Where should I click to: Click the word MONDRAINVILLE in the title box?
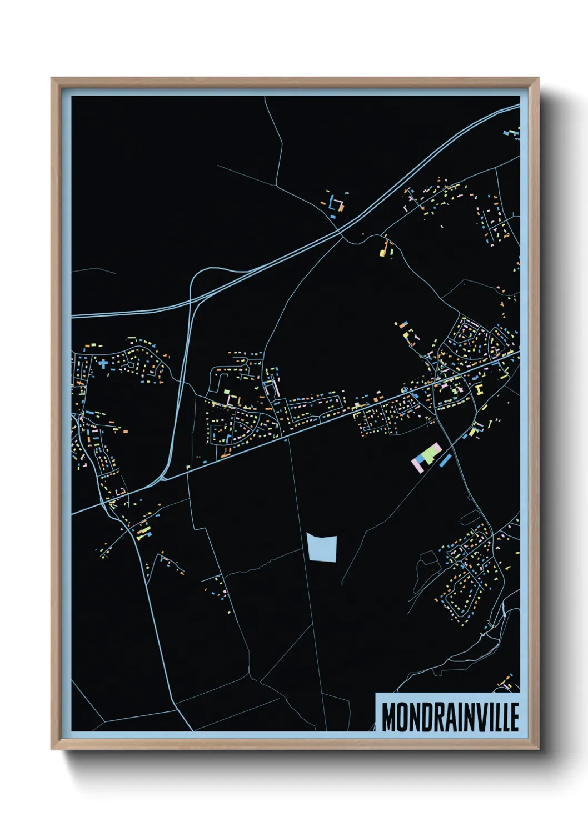450,717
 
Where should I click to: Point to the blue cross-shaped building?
103,364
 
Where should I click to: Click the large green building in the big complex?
431,455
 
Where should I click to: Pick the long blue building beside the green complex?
445,460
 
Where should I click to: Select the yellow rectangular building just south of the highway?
383,253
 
